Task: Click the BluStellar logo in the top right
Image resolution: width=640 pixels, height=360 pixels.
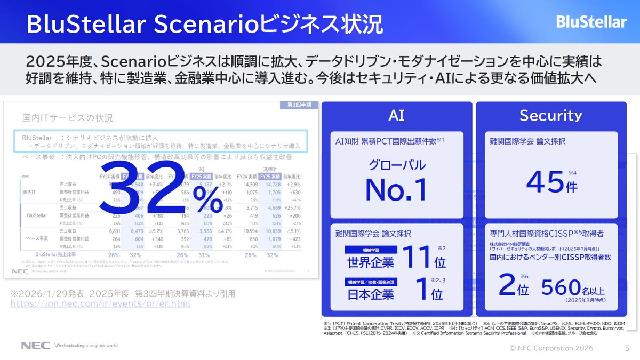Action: (x=591, y=22)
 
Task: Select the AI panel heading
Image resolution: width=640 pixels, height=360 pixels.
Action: (x=396, y=115)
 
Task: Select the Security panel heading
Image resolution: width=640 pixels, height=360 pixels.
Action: (x=550, y=115)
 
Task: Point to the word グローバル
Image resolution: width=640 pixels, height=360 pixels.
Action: (x=397, y=165)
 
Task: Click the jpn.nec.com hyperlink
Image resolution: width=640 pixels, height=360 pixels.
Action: (x=100, y=304)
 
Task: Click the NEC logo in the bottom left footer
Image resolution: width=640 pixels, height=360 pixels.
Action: (x=35, y=345)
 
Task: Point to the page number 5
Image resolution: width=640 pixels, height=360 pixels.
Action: (x=627, y=348)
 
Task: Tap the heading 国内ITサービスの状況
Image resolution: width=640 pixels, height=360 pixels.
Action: (x=68, y=118)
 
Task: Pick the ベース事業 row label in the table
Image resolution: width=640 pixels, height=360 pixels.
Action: (x=38, y=238)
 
